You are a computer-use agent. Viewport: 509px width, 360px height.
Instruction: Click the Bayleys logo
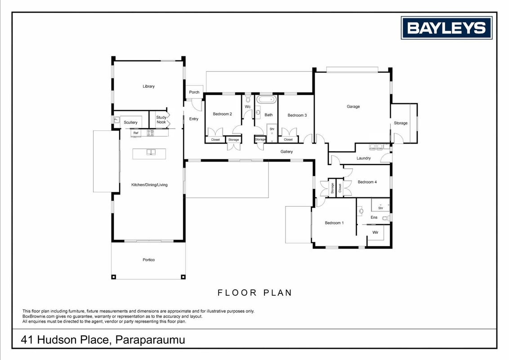tap(446, 28)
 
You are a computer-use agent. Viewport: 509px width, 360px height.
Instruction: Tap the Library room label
tap(149, 86)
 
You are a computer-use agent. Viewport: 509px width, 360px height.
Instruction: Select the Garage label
tap(353, 107)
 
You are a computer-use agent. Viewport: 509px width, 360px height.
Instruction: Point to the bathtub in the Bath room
tap(267, 99)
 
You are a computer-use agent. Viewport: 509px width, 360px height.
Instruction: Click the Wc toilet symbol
tap(248, 99)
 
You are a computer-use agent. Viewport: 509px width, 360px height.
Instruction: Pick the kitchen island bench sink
tap(151, 152)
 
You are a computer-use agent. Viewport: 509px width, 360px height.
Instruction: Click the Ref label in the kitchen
tap(136, 133)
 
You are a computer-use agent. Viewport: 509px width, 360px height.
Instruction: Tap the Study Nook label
tap(161, 120)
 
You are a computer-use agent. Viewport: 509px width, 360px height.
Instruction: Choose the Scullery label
tap(130, 122)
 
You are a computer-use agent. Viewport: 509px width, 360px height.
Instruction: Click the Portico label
tap(149, 260)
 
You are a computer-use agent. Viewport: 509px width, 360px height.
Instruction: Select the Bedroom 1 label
tap(335, 223)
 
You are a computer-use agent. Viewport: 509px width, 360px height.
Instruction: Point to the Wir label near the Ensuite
tap(375, 232)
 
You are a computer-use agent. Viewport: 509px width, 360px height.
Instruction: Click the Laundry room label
tap(364, 158)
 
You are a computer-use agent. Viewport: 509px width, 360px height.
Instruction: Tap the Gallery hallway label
tap(286, 152)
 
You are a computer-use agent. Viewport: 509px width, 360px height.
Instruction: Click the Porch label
tap(194, 92)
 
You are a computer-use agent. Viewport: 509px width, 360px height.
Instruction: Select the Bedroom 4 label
tap(367, 182)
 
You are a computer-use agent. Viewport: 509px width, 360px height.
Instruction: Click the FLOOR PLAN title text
tap(254, 293)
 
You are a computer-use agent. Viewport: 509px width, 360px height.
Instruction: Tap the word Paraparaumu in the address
tap(150, 340)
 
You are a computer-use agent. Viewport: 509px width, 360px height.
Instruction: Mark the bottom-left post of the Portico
tap(113, 277)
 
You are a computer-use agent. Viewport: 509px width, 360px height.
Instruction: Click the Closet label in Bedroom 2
tap(215, 139)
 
